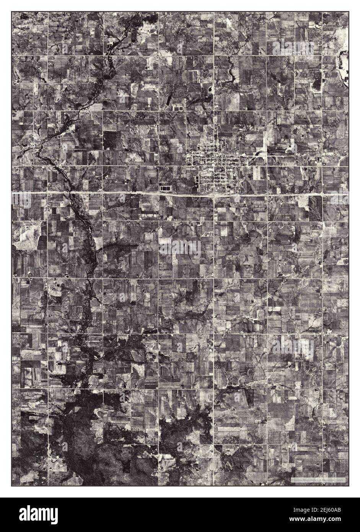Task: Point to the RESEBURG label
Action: click(315, 330)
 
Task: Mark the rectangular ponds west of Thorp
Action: click(166, 188)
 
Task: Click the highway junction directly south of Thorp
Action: click(214, 194)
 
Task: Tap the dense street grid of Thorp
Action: click(216, 165)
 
